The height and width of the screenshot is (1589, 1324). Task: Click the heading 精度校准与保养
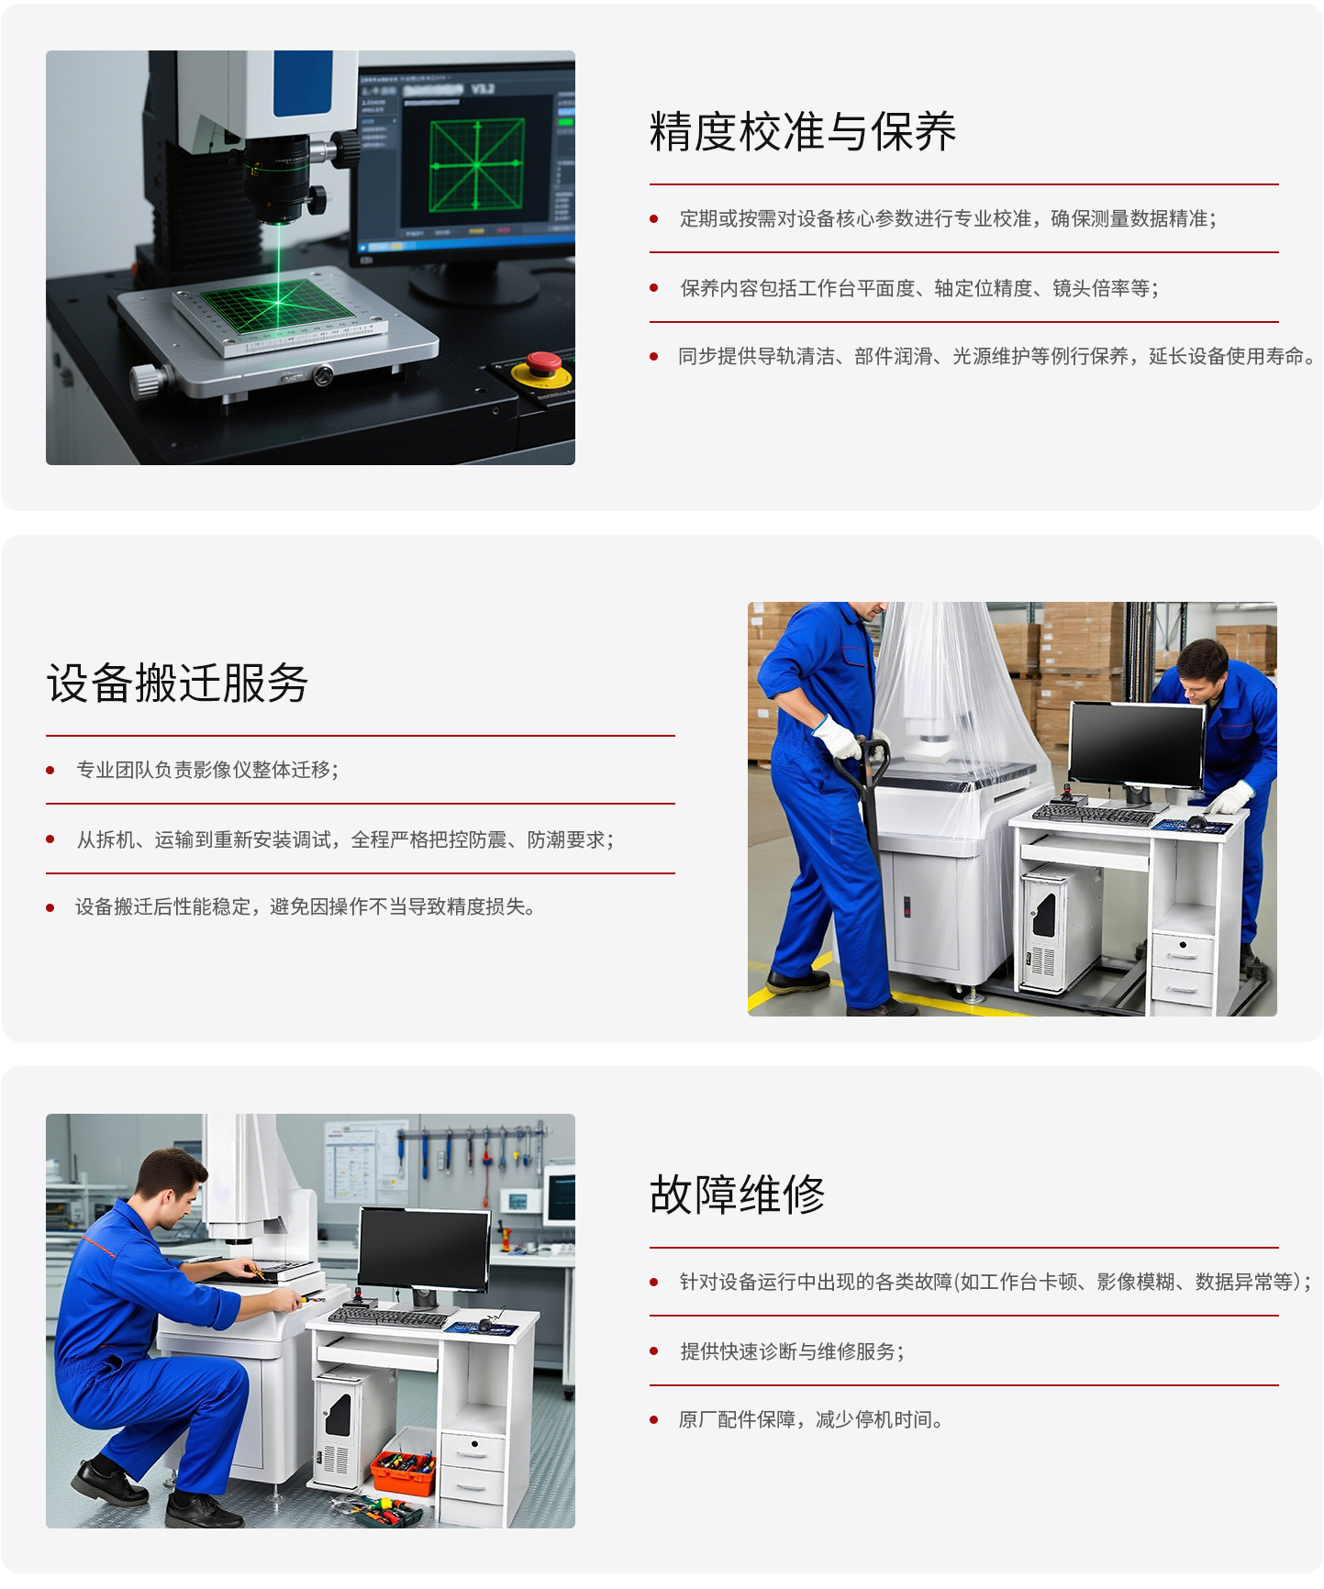tap(803, 132)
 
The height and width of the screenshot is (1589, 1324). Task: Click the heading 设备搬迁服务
tap(177, 683)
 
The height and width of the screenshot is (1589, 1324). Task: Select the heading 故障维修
tap(738, 1195)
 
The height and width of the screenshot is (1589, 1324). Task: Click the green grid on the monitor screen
tap(477, 165)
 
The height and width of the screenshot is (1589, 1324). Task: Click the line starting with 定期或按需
tap(948, 218)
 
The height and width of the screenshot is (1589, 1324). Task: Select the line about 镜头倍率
tap(919, 288)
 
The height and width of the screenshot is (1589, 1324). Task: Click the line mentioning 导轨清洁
tap(997, 356)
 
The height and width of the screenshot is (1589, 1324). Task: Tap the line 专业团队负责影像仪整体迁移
tap(207, 770)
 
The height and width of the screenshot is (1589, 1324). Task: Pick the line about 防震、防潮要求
tap(345, 839)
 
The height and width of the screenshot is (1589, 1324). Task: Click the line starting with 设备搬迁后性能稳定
tap(306, 906)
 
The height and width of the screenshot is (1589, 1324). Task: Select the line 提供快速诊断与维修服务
tap(792, 1351)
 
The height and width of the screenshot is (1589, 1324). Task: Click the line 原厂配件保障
tap(811, 1419)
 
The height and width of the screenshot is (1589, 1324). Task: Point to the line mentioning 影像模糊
tap(996, 1282)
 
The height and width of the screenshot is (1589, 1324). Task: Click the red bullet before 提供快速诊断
tap(654, 1351)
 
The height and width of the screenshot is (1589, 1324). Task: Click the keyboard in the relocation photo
tap(1094, 815)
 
